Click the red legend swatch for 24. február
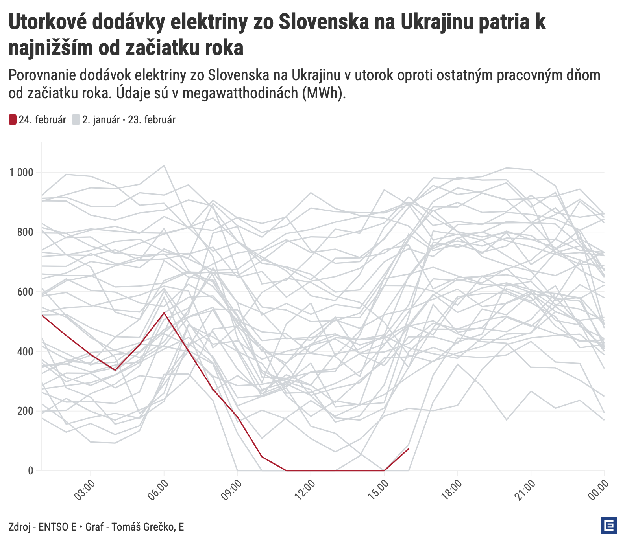(13, 119)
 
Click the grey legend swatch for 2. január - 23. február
(76, 119)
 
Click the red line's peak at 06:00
(164, 313)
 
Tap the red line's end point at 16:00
(409, 449)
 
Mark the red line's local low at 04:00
(115, 370)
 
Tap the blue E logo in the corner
(608, 526)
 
